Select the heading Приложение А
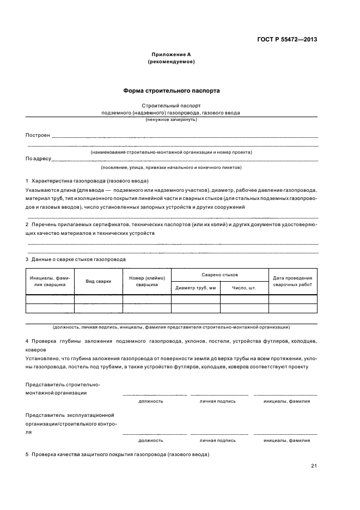[171, 55]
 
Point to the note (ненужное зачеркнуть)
[171, 119]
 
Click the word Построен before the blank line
[38, 135]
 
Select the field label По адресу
[38, 159]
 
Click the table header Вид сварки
[99, 281]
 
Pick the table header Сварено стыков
[219, 275]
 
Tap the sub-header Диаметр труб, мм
[196, 287]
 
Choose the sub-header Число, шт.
[244, 287]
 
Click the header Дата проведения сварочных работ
[292, 281]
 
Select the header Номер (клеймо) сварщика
[147, 281]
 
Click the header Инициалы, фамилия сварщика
[50, 281]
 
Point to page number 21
[314, 466]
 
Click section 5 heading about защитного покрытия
[117, 454]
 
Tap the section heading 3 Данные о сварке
[76, 259]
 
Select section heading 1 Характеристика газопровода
[87, 180]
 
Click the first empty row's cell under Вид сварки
[99, 299]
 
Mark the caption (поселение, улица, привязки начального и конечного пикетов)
[171, 168]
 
